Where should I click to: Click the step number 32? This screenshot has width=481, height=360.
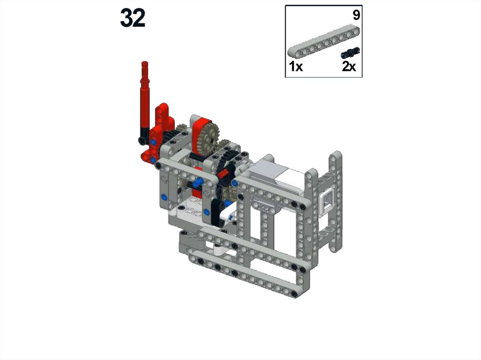point(132,18)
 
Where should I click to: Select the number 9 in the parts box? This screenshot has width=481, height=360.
point(356,15)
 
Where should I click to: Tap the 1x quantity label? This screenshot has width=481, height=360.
point(296,66)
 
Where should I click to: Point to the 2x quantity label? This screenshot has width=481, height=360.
point(349,66)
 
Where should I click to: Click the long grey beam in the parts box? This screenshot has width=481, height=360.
point(324,41)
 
